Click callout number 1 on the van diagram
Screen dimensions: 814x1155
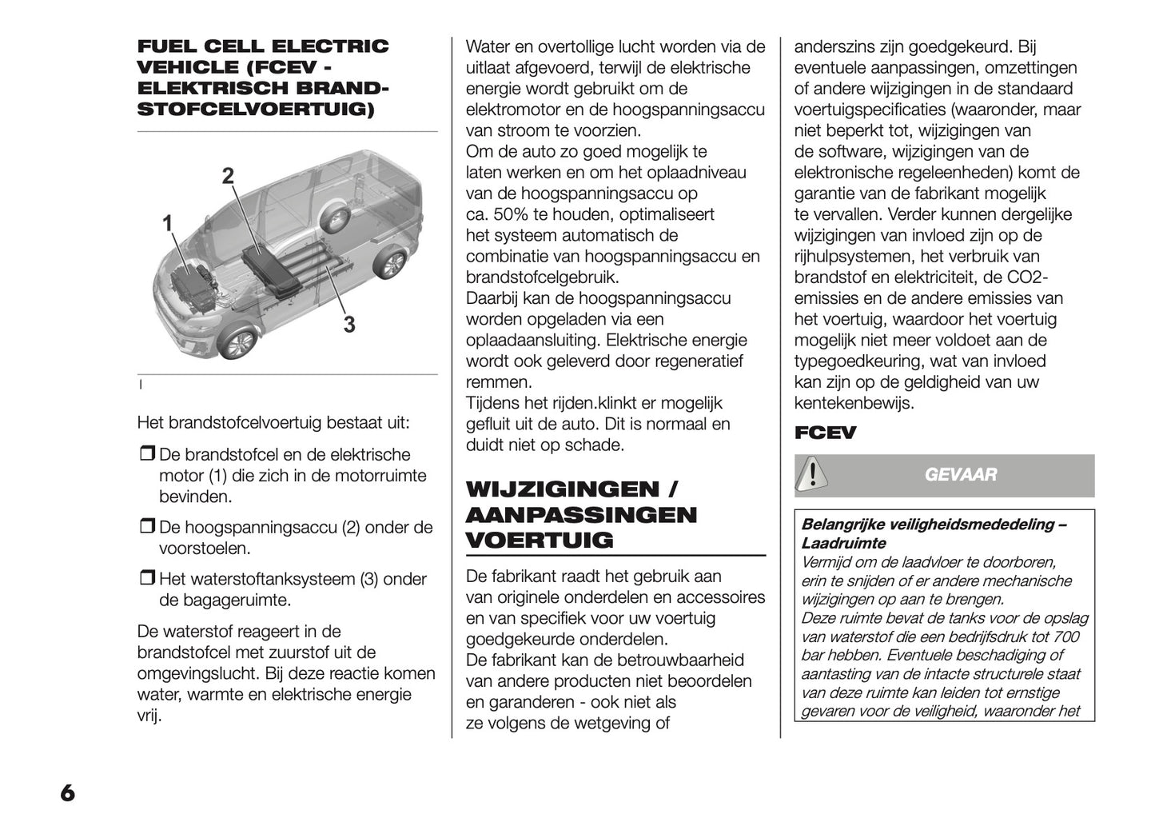click(168, 224)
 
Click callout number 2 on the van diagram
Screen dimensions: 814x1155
click(229, 176)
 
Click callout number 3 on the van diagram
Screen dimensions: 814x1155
click(349, 324)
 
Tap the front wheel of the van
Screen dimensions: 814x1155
click(238, 343)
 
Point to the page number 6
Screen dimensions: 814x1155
click(67, 792)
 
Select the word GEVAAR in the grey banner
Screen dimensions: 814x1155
click(961, 475)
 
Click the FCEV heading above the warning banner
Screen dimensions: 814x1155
click(825, 433)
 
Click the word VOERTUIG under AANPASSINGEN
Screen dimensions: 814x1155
click(540, 541)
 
